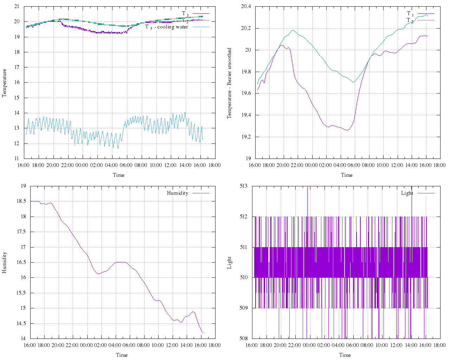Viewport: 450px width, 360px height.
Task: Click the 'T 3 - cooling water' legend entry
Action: click(167, 27)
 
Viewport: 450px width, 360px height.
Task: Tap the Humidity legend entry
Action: click(178, 193)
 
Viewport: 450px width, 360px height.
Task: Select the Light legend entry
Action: click(407, 193)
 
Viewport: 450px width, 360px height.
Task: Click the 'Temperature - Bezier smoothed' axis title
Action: click(229, 83)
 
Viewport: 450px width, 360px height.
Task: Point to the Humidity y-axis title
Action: click(5, 262)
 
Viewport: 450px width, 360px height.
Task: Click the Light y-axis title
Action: click(229, 262)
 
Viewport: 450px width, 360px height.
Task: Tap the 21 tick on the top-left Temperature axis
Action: click(17, 6)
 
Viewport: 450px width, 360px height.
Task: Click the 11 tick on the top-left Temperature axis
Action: click(17, 159)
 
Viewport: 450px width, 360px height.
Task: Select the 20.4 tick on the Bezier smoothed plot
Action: click(245, 6)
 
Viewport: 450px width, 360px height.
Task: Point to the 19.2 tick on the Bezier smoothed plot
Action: click(245, 137)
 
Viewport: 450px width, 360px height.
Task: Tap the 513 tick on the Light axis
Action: click(243, 186)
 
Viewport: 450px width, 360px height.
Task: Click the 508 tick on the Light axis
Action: click(243, 339)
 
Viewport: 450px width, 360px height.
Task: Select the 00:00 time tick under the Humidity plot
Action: click(86, 345)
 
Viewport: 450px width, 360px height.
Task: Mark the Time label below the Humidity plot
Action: click(122, 355)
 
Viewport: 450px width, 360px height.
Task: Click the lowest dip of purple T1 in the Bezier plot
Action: click(347, 130)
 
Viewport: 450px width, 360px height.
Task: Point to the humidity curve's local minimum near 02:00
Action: click(99, 274)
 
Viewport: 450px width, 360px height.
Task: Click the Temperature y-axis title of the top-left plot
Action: click(5, 83)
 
